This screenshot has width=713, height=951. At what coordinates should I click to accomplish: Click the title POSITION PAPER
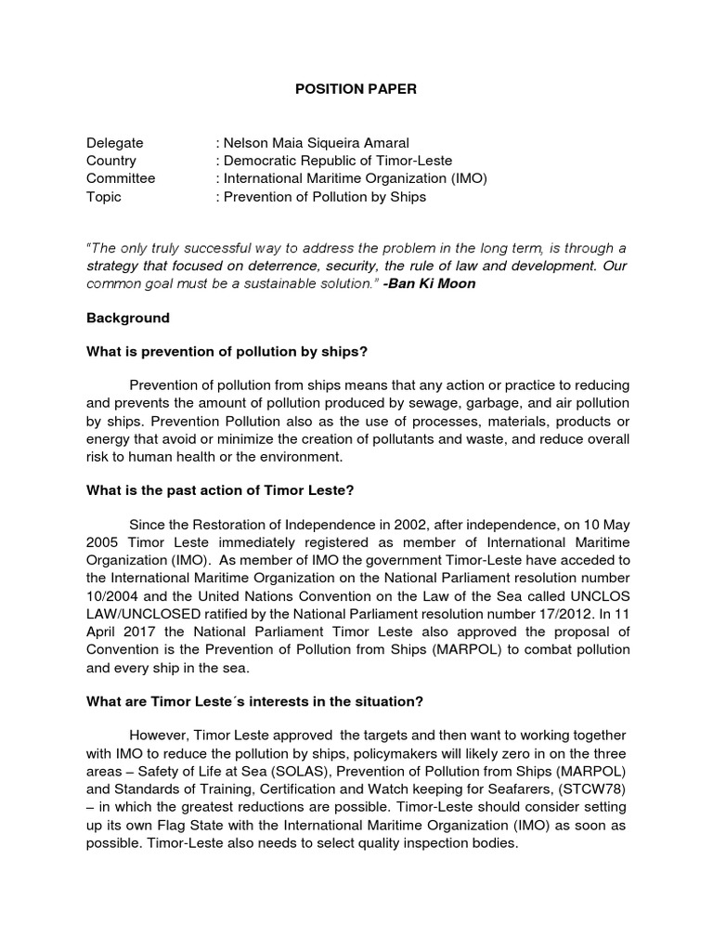(356, 89)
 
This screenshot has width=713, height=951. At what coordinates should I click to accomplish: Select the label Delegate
(114, 143)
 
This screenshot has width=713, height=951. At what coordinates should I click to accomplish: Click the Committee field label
(121, 178)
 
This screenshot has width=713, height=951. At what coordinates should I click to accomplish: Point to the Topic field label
(104, 196)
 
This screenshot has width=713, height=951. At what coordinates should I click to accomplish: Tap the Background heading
(128, 318)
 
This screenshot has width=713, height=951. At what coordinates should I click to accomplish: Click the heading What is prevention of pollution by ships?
(227, 351)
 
